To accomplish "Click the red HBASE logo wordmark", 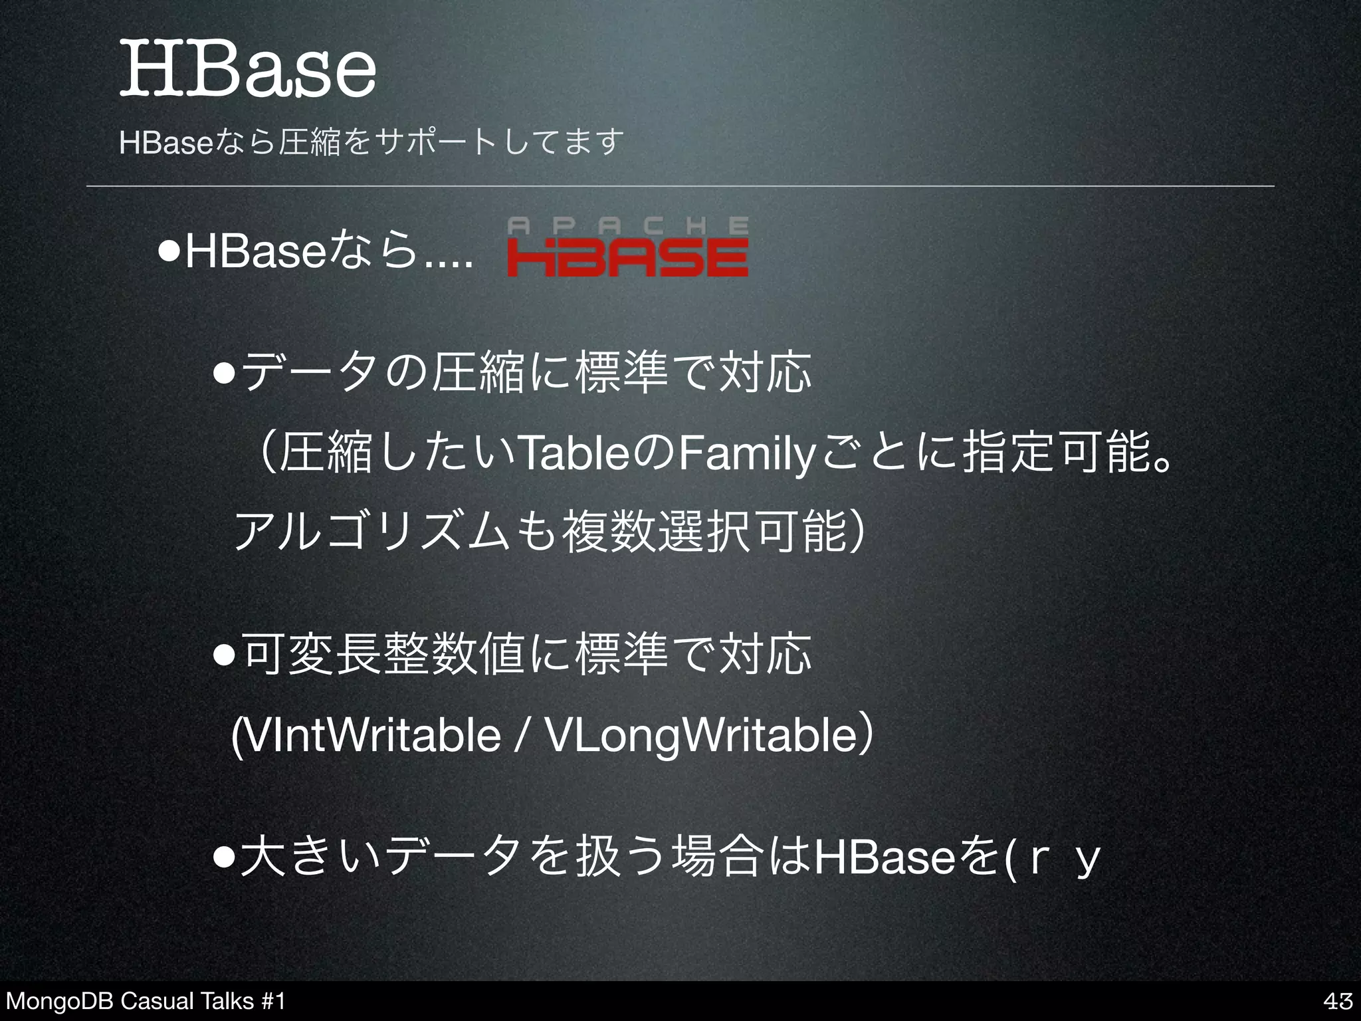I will click(627, 258).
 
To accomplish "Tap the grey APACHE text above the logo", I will click(627, 226).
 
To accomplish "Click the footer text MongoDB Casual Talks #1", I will click(145, 1001).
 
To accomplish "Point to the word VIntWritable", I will click(372, 737).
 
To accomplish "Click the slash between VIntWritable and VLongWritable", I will click(523, 737).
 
